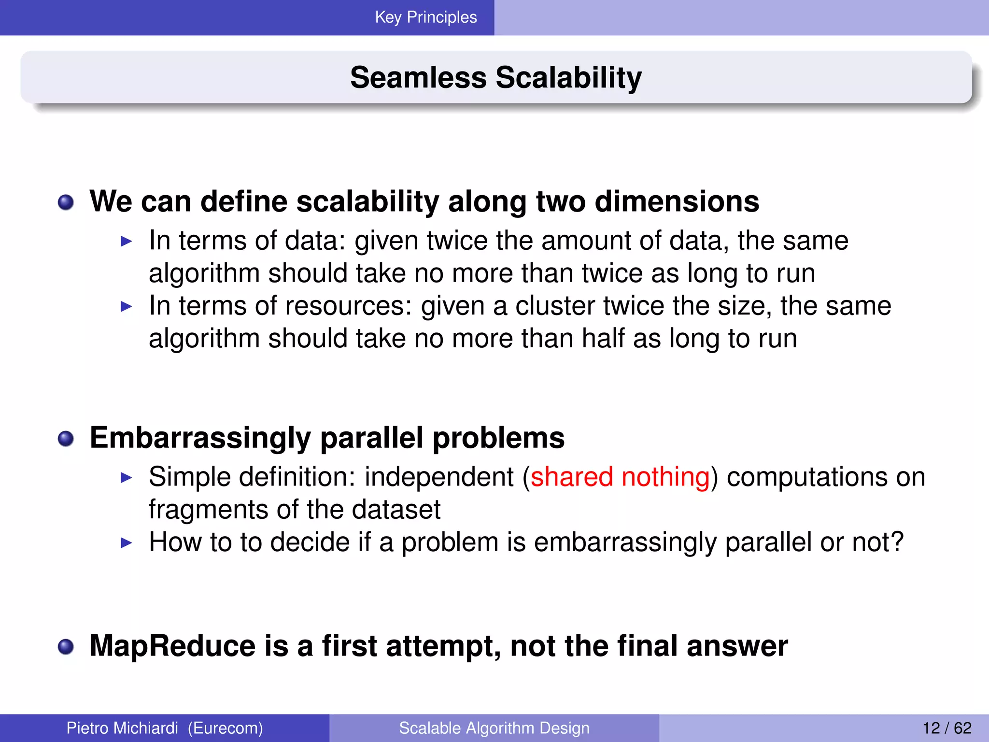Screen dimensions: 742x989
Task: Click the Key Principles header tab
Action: point(425,17)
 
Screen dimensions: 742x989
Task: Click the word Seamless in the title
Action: point(418,78)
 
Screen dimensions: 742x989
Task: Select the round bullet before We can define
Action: point(66,202)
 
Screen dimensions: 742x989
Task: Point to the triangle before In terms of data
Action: point(126,241)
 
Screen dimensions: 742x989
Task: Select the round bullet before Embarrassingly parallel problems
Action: point(66,439)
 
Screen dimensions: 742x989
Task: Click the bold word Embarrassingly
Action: point(200,438)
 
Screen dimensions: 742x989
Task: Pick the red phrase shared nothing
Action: point(620,477)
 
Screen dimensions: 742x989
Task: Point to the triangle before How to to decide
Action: point(126,542)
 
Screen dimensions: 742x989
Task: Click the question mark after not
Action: point(897,542)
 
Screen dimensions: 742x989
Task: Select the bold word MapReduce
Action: point(172,646)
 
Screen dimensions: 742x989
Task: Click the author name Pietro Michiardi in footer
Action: point(122,728)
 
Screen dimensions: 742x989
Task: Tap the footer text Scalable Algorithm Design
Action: point(494,728)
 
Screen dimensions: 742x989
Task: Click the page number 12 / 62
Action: point(947,728)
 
